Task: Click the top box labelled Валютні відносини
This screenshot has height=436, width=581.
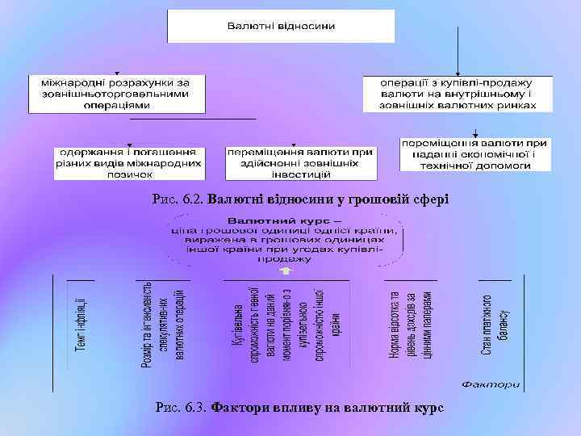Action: coord(281,26)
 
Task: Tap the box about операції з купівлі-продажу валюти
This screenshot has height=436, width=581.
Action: coord(458,94)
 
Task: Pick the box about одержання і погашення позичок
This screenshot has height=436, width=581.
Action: coord(129,162)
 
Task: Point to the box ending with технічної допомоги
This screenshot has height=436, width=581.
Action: coord(474,153)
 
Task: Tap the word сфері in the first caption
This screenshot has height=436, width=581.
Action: coord(428,199)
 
